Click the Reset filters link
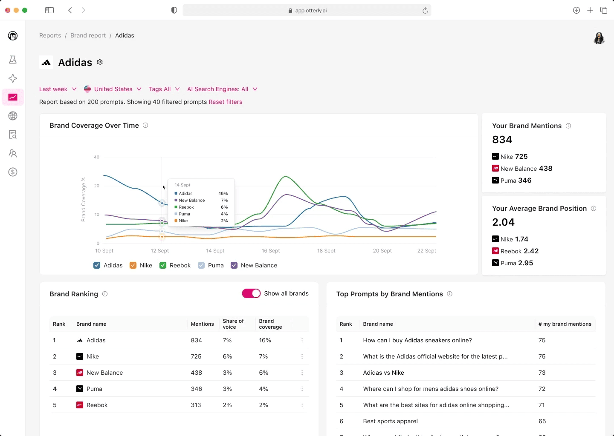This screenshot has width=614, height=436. coord(225,102)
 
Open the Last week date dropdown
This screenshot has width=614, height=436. coord(58,89)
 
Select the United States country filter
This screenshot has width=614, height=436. coord(113,89)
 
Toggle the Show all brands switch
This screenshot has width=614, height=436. coord(251,293)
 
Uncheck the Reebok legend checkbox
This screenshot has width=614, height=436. coord(163,265)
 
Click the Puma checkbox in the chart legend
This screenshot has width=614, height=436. coord(201,265)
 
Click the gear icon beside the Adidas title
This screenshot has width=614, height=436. coord(100,62)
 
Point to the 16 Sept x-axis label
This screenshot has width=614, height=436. coord(271,251)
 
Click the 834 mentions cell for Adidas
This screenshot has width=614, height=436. coord(196,340)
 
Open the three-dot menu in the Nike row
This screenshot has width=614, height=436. coord(302,356)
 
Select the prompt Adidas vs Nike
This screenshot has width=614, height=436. coord(383,373)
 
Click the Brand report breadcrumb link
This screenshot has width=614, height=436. coord(88,35)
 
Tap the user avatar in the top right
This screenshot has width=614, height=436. coord(599,38)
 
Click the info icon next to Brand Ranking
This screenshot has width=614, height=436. coord(105,294)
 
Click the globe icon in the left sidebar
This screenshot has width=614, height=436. coord(13,116)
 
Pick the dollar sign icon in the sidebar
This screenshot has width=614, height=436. coord(13,172)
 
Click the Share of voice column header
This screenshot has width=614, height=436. coord(233,324)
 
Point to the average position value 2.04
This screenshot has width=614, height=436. coord(503,222)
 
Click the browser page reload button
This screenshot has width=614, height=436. coord(425,11)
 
